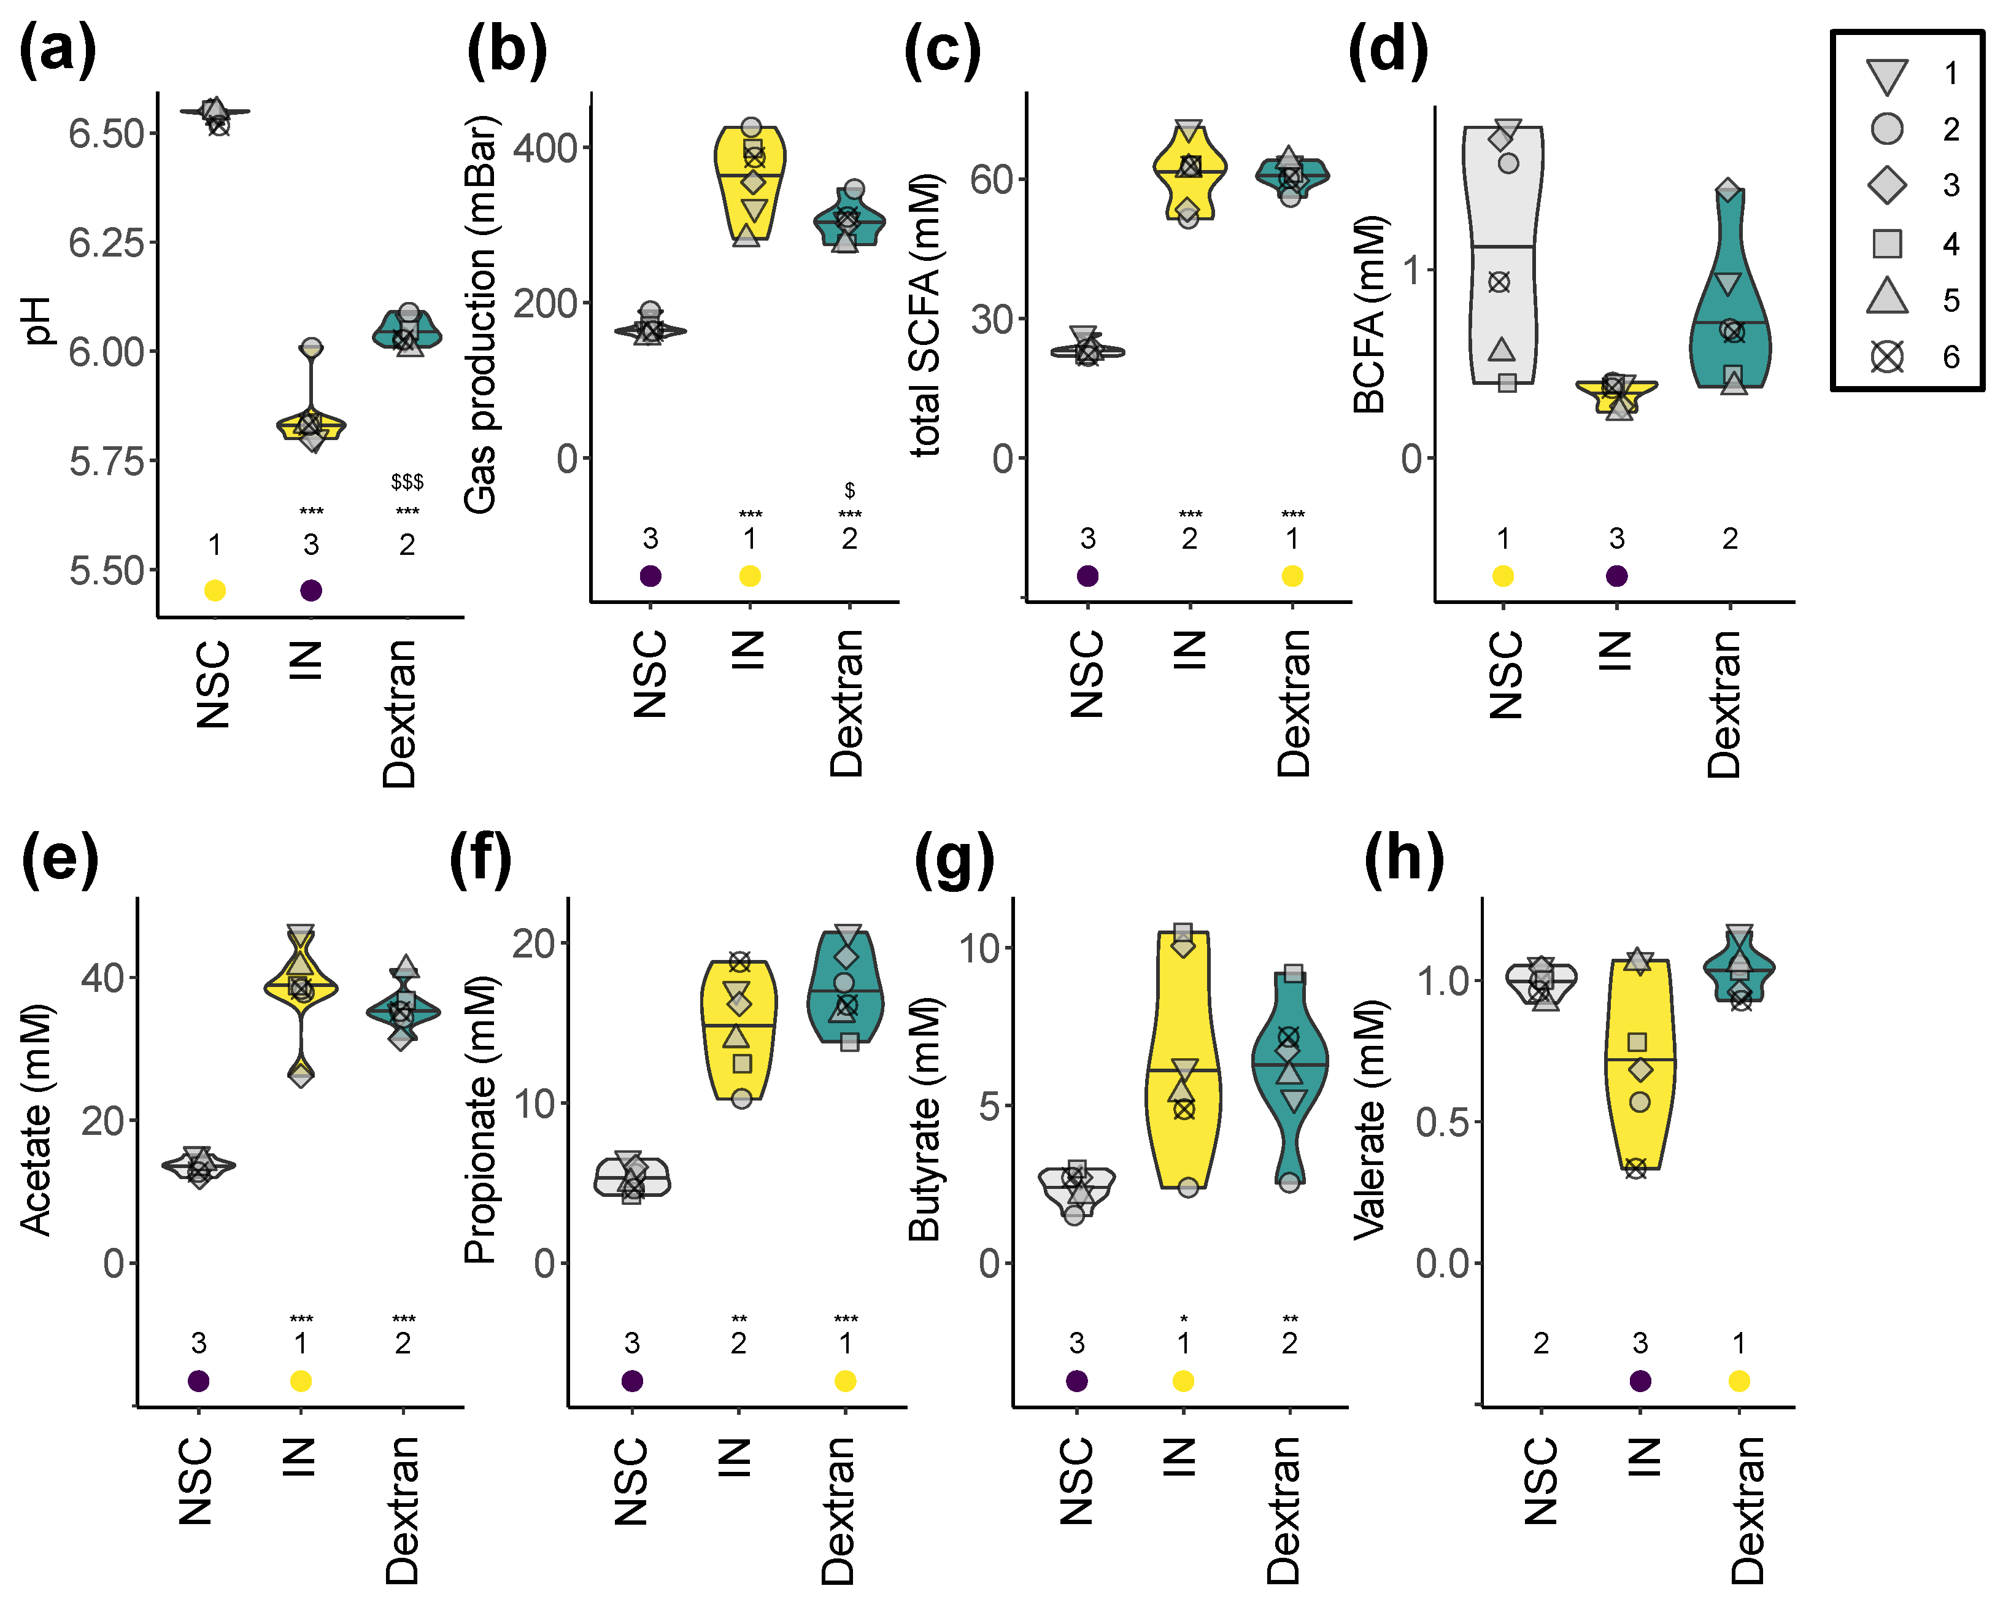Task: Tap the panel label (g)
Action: coord(954,859)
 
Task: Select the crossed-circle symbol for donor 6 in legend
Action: coord(1887,357)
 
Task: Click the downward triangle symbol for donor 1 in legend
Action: coord(1887,75)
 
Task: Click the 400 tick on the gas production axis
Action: coord(546,148)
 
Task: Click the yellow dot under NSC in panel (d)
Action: coord(1503,576)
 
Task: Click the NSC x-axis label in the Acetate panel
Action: coord(196,1481)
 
